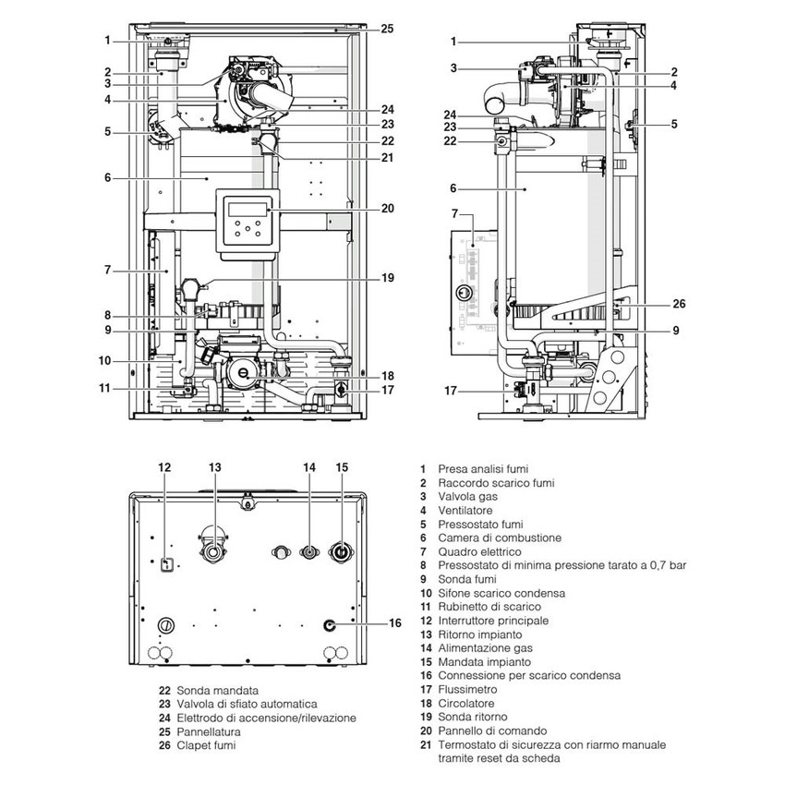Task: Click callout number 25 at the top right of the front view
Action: click(387, 29)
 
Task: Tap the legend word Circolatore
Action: click(466, 703)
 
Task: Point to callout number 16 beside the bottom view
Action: click(395, 623)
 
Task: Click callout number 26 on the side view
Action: click(680, 303)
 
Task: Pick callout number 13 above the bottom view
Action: click(215, 467)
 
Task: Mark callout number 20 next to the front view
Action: click(387, 208)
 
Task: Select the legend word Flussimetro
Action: click(468, 689)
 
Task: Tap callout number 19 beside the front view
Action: click(387, 277)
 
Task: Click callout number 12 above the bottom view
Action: click(164, 467)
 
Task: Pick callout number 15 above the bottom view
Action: click(342, 467)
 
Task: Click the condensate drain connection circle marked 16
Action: click(330, 624)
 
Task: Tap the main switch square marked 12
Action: click(166, 564)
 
